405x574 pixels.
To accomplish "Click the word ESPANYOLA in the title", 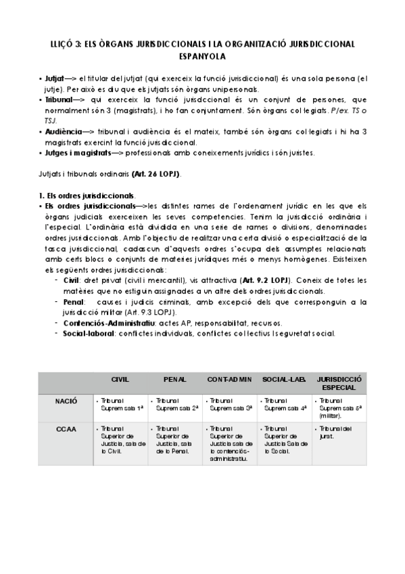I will pyautogui.click(x=202, y=58).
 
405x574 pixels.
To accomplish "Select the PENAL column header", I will pyautogui.click(x=175, y=380).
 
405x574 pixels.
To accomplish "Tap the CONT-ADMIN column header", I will pyautogui.click(x=229, y=380).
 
